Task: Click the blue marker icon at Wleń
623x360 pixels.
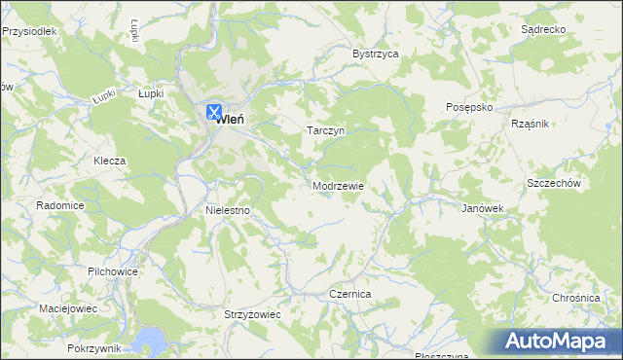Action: (214, 112)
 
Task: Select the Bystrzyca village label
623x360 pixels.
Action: (376, 54)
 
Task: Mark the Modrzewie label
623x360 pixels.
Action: (339, 185)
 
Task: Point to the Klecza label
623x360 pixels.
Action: (110, 161)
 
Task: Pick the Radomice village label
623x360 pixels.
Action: (60, 206)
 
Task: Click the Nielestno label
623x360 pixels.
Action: (229, 209)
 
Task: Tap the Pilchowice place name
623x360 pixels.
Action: (113, 271)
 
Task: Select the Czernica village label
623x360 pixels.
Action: (350, 293)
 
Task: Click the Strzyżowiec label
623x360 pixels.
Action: (252, 315)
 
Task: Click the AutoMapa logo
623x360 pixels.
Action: (558, 340)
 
